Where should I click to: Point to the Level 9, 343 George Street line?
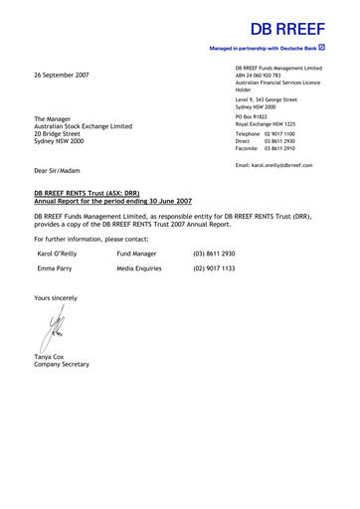(267, 99)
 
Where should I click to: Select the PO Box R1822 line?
(254, 116)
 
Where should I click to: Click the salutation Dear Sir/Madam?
(62, 171)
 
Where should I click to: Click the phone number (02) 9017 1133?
(214, 268)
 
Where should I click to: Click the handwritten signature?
(52, 328)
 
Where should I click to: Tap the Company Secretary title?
(62, 365)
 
